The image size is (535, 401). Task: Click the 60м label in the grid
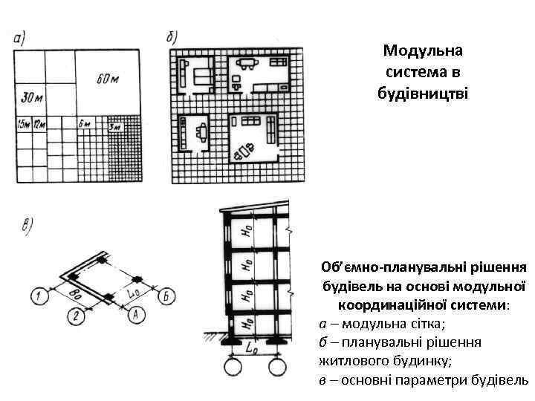pos(108,77)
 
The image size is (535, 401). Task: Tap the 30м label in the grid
pos(32,97)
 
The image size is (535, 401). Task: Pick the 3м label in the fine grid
pos(114,127)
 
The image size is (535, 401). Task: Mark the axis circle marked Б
pos(169,296)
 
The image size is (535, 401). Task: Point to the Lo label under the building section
pos(252,347)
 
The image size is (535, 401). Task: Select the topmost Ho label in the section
pos(246,232)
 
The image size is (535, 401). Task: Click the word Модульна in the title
pos(423,50)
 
